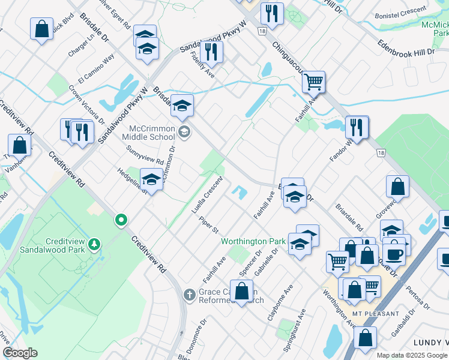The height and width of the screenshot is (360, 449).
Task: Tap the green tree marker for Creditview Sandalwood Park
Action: (x=94, y=244)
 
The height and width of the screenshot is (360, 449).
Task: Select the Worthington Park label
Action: (x=253, y=241)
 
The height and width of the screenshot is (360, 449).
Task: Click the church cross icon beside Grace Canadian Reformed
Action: (x=188, y=295)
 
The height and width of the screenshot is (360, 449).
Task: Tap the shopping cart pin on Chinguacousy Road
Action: (x=313, y=82)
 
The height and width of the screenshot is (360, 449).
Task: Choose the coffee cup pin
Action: (x=394, y=253)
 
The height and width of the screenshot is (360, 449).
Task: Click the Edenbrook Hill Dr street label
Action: (x=405, y=49)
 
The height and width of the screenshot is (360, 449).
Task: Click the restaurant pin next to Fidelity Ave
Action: (x=211, y=52)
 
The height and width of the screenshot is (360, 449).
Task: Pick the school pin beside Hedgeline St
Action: (x=151, y=179)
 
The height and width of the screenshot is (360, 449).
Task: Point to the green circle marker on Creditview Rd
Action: (x=121, y=220)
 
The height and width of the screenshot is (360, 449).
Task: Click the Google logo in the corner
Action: (x=20, y=353)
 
